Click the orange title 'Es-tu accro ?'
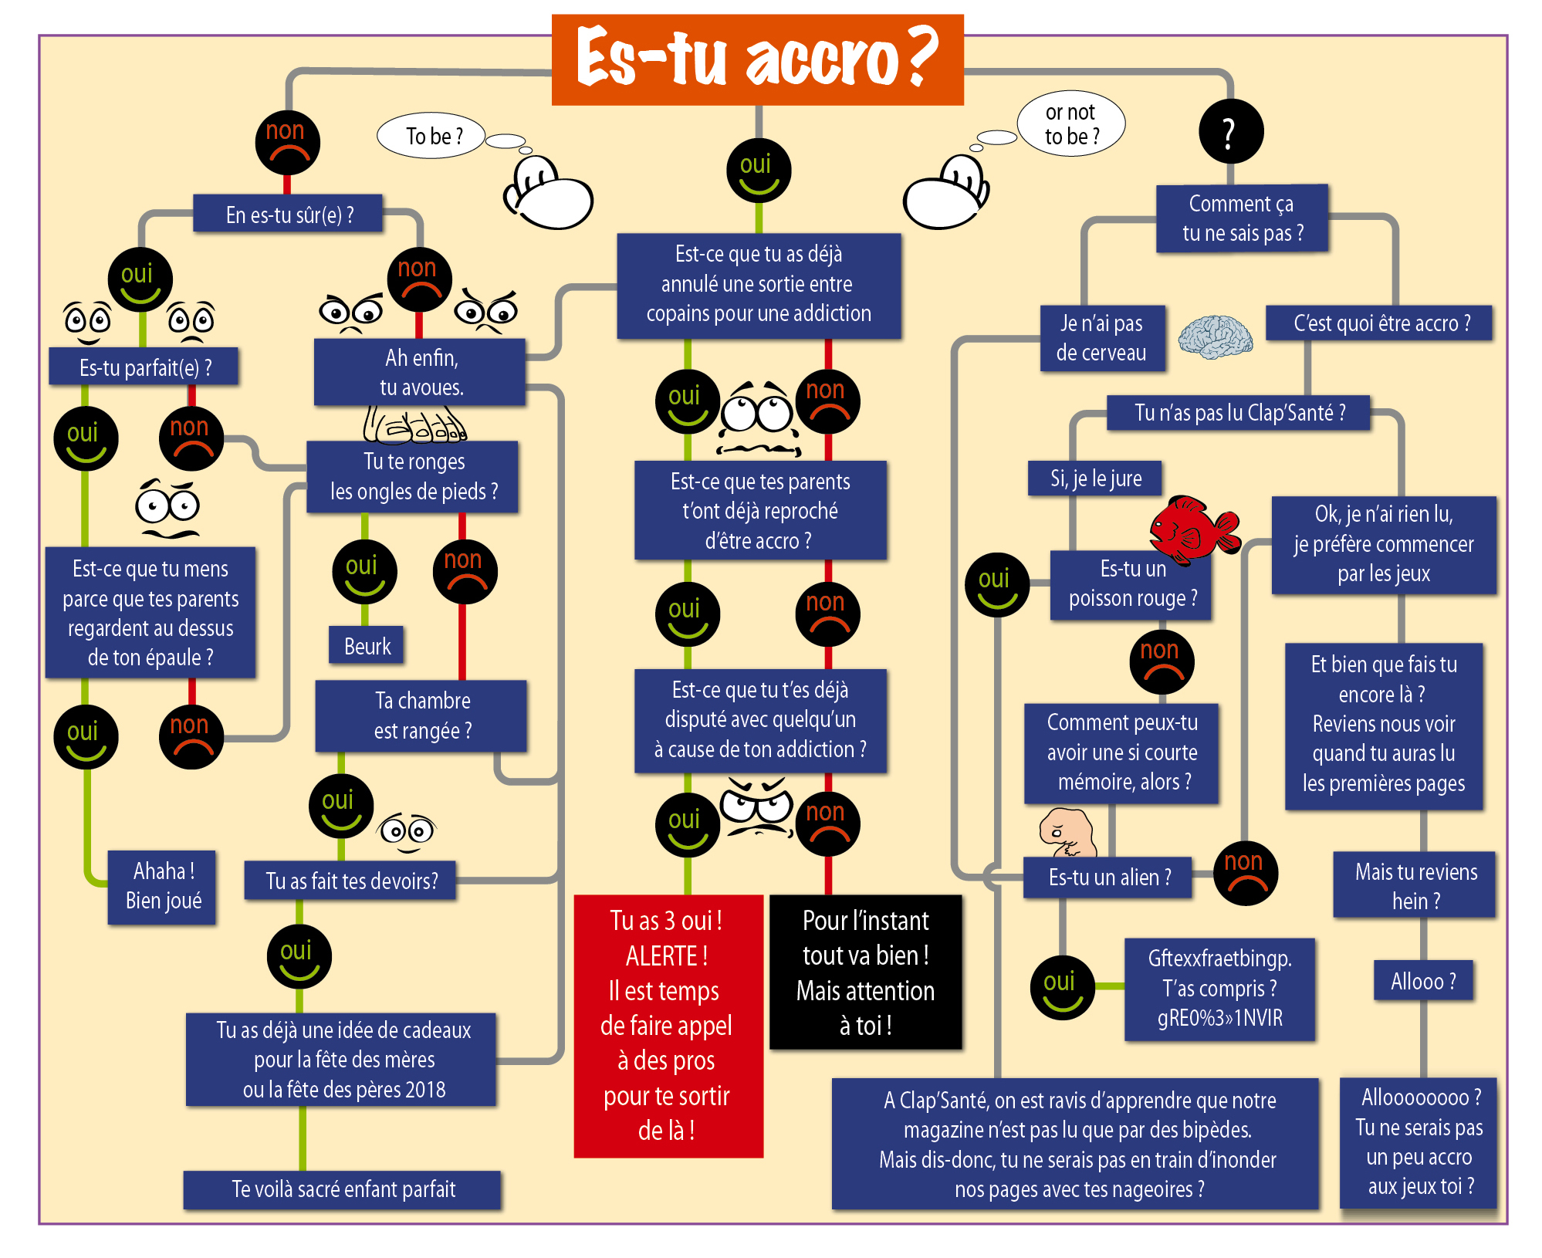(x=757, y=59)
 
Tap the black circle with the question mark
(x=1230, y=131)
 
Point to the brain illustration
(x=1215, y=337)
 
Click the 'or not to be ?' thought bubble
(x=1071, y=124)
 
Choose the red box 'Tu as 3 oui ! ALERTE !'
(x=668, y=1025)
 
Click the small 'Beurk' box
(x=367, y=646)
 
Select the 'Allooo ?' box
(x=1422, y=981)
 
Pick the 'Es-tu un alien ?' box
(x=1108, y=877)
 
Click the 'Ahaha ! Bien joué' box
(x=162, y=886)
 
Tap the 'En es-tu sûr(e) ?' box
(x=289, y=214)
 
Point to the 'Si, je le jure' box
(x=1095, y=479)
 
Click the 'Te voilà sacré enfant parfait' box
(x=343, y=1189)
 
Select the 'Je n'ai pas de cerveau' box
(x=1101, y=338)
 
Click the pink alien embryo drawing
(x=1068, y=833)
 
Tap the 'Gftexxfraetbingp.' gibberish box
(x=1219, y=989)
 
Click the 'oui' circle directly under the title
(x=758, y=171)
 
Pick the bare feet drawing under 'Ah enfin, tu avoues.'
(x=414, y=424)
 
